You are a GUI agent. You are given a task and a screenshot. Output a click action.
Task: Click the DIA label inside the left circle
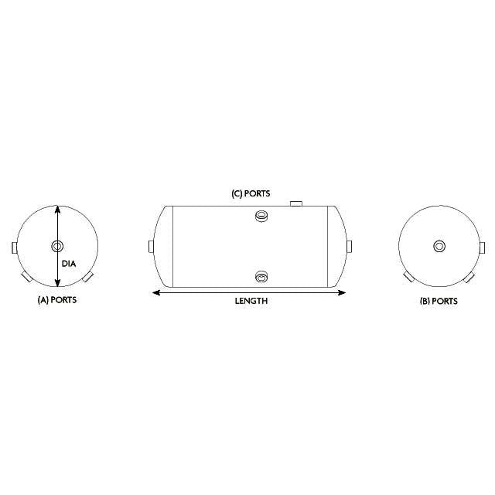[69, 264]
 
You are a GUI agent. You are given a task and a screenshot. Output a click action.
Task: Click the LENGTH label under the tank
[251, 301]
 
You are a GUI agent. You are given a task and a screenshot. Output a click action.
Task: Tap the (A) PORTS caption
[57, 299]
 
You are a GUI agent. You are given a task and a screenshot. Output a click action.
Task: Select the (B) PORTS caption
[438, 301]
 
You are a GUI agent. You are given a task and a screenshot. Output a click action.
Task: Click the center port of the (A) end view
[57, 247]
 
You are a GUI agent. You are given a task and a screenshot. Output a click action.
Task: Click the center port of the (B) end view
[439, 247]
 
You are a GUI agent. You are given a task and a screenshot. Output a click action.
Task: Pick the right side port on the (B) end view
[482, 247]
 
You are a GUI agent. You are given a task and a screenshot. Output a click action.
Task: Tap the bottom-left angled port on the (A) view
[26, 276]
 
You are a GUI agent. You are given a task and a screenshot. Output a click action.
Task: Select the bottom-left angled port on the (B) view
[407, 277]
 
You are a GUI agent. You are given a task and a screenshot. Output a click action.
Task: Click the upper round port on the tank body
[261, 217]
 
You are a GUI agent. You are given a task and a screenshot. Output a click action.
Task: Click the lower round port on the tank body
[261, 277]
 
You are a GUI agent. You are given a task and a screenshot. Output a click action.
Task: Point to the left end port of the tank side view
[151, 247]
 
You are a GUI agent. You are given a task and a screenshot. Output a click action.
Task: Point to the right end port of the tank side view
[350, 247]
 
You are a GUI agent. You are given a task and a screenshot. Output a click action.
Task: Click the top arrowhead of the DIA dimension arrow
[57, 209]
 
